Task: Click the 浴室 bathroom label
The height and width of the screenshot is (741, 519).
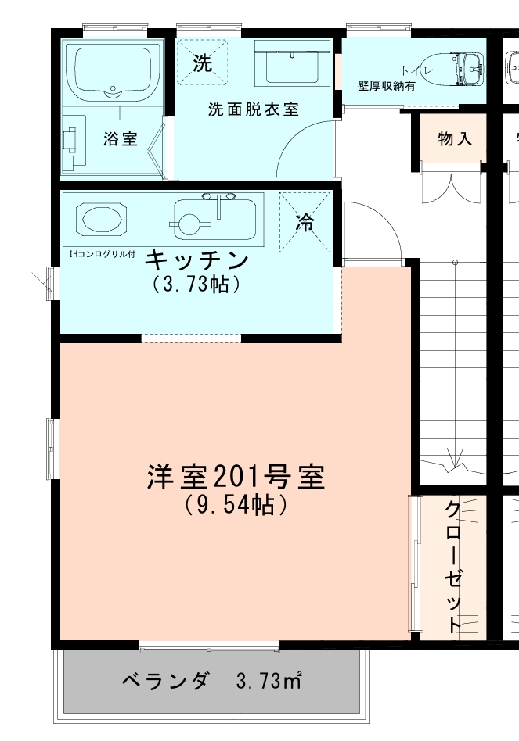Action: [120, 139]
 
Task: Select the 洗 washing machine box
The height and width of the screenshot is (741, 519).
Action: [202, 63]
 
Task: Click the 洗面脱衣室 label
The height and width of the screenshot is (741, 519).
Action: [253, 109]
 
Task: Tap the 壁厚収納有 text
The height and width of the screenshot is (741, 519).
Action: [387, 86]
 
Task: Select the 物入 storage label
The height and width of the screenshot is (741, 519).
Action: [454, 139]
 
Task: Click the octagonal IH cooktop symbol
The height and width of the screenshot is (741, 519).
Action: [100, 220]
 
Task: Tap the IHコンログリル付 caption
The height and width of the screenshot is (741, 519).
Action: [103, 254]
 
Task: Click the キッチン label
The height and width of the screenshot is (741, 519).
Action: [197, 260]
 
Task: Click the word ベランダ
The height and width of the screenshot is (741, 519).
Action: [166, 681]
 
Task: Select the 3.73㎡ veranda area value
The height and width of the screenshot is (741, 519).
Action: [269, 682]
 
